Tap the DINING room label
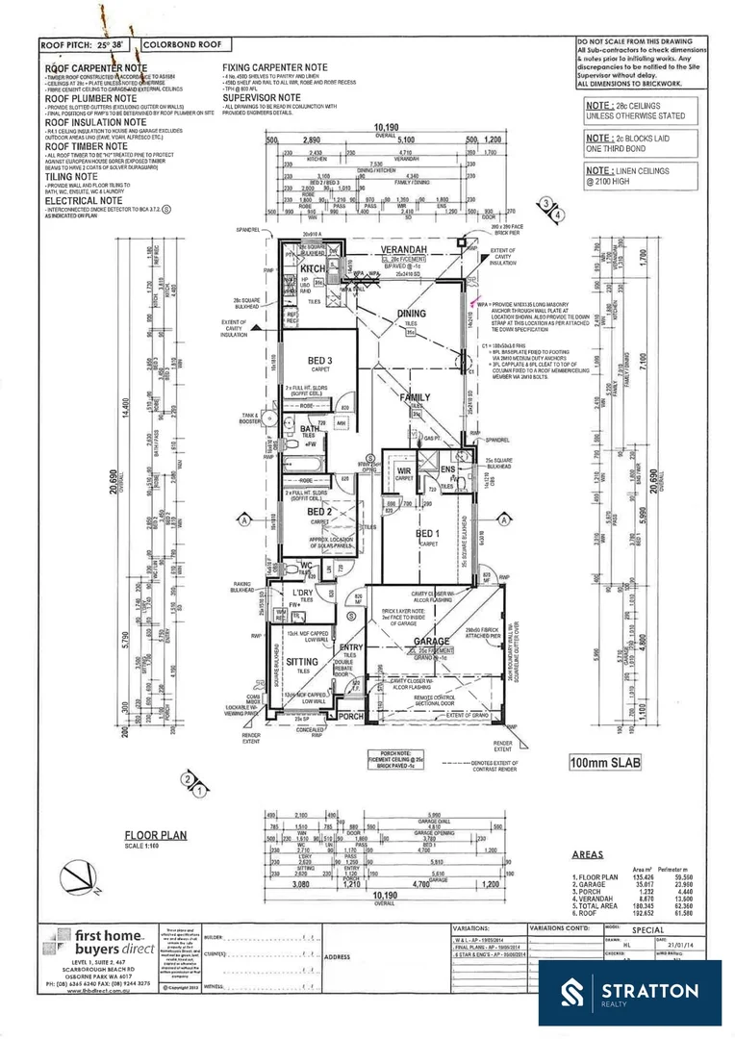coord(412,314)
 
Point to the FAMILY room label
coord(416,396)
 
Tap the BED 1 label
coord(426,532)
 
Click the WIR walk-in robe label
coord(404,470)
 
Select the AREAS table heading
coord(588,853)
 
